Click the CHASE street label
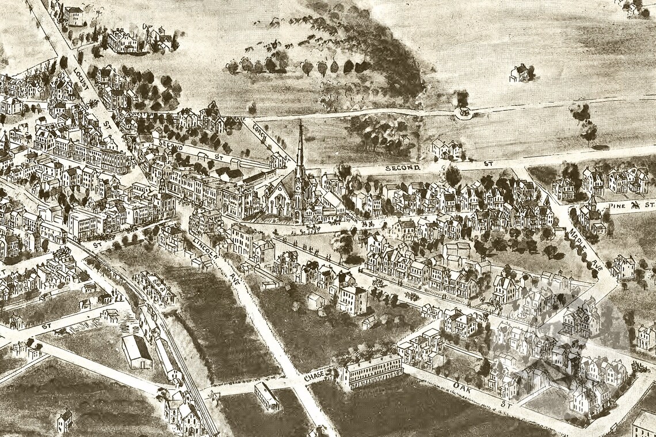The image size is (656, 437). tap(315, 376)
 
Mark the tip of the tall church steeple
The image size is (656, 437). tap(300, 122)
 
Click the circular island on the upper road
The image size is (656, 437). tap(463, 113)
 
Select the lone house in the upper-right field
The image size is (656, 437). tap(520, 73)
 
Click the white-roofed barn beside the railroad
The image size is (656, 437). tap(137, 351)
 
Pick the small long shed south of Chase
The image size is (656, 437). tap(266, 396)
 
